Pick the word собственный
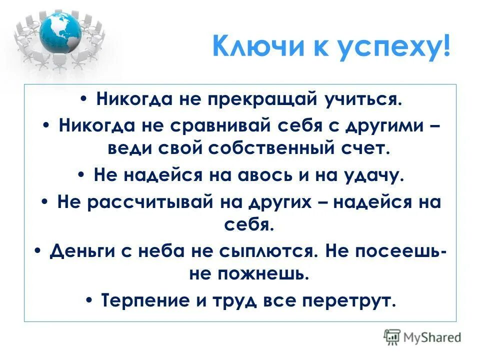coord(269,148)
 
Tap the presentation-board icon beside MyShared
coord(392,336)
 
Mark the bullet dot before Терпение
coord(90,301)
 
